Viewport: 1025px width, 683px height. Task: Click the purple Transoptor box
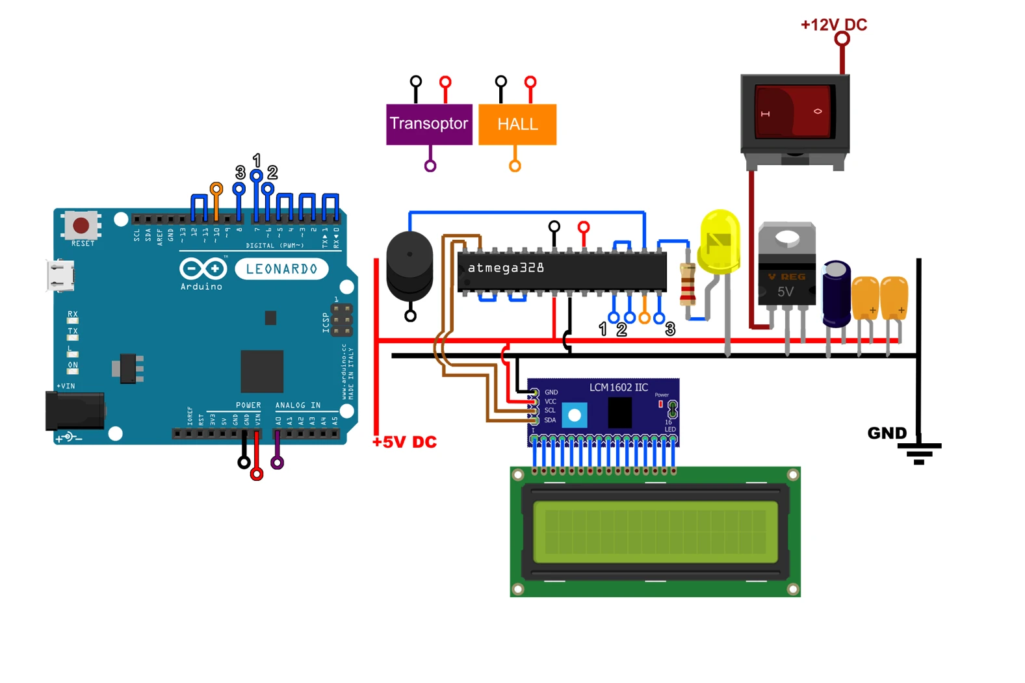point(429,123)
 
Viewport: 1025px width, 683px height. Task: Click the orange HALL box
point(517,124)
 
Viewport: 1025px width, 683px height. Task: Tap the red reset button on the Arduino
point(81,226)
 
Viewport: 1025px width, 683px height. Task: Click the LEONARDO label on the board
point(281,269)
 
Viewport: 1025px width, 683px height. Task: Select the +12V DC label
point(833,25)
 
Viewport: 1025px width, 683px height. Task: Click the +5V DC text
point(404,442)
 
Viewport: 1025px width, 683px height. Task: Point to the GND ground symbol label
point(887,433)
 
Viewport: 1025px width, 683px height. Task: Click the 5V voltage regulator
point(786,266)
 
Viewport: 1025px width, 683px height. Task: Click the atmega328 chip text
point(506,268)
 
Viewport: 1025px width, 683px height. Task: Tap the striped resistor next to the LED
point(688,285)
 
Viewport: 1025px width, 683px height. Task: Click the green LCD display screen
point(655,532)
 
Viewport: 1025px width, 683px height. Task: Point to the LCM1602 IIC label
point(618,387)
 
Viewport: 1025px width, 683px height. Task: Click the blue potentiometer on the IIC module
point(575,415)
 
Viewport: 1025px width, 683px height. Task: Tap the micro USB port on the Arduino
point(60,275)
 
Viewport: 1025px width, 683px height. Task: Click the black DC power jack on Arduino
point(74,411)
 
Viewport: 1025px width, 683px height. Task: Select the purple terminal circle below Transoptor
point(430,166)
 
